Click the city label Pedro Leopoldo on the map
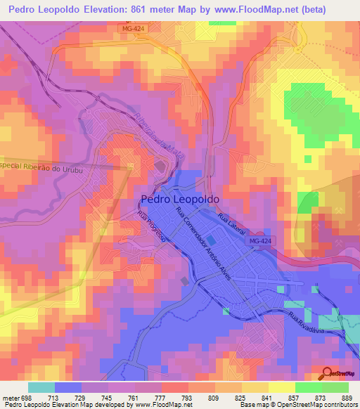pyautogui.click(x=181, y=199)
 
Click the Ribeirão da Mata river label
pyautogui.click(x=156, y=127)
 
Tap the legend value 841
pyautogui.click(x=266, y=398)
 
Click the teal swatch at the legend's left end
pyautogui.click(x=41, y=387)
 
